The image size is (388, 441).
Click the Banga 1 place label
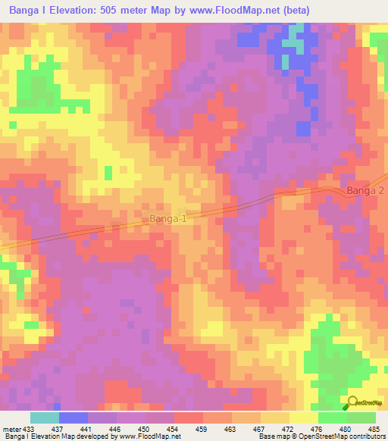click(167, 219)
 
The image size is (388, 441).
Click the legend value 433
click(29, 428)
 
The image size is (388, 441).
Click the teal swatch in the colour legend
click(45, 418)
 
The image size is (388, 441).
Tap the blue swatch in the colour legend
click(74, 418)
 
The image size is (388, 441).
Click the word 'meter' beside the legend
click(11, 428)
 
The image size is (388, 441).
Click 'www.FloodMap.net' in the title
click(228, 9)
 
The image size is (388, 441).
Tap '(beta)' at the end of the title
click(296, 9)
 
